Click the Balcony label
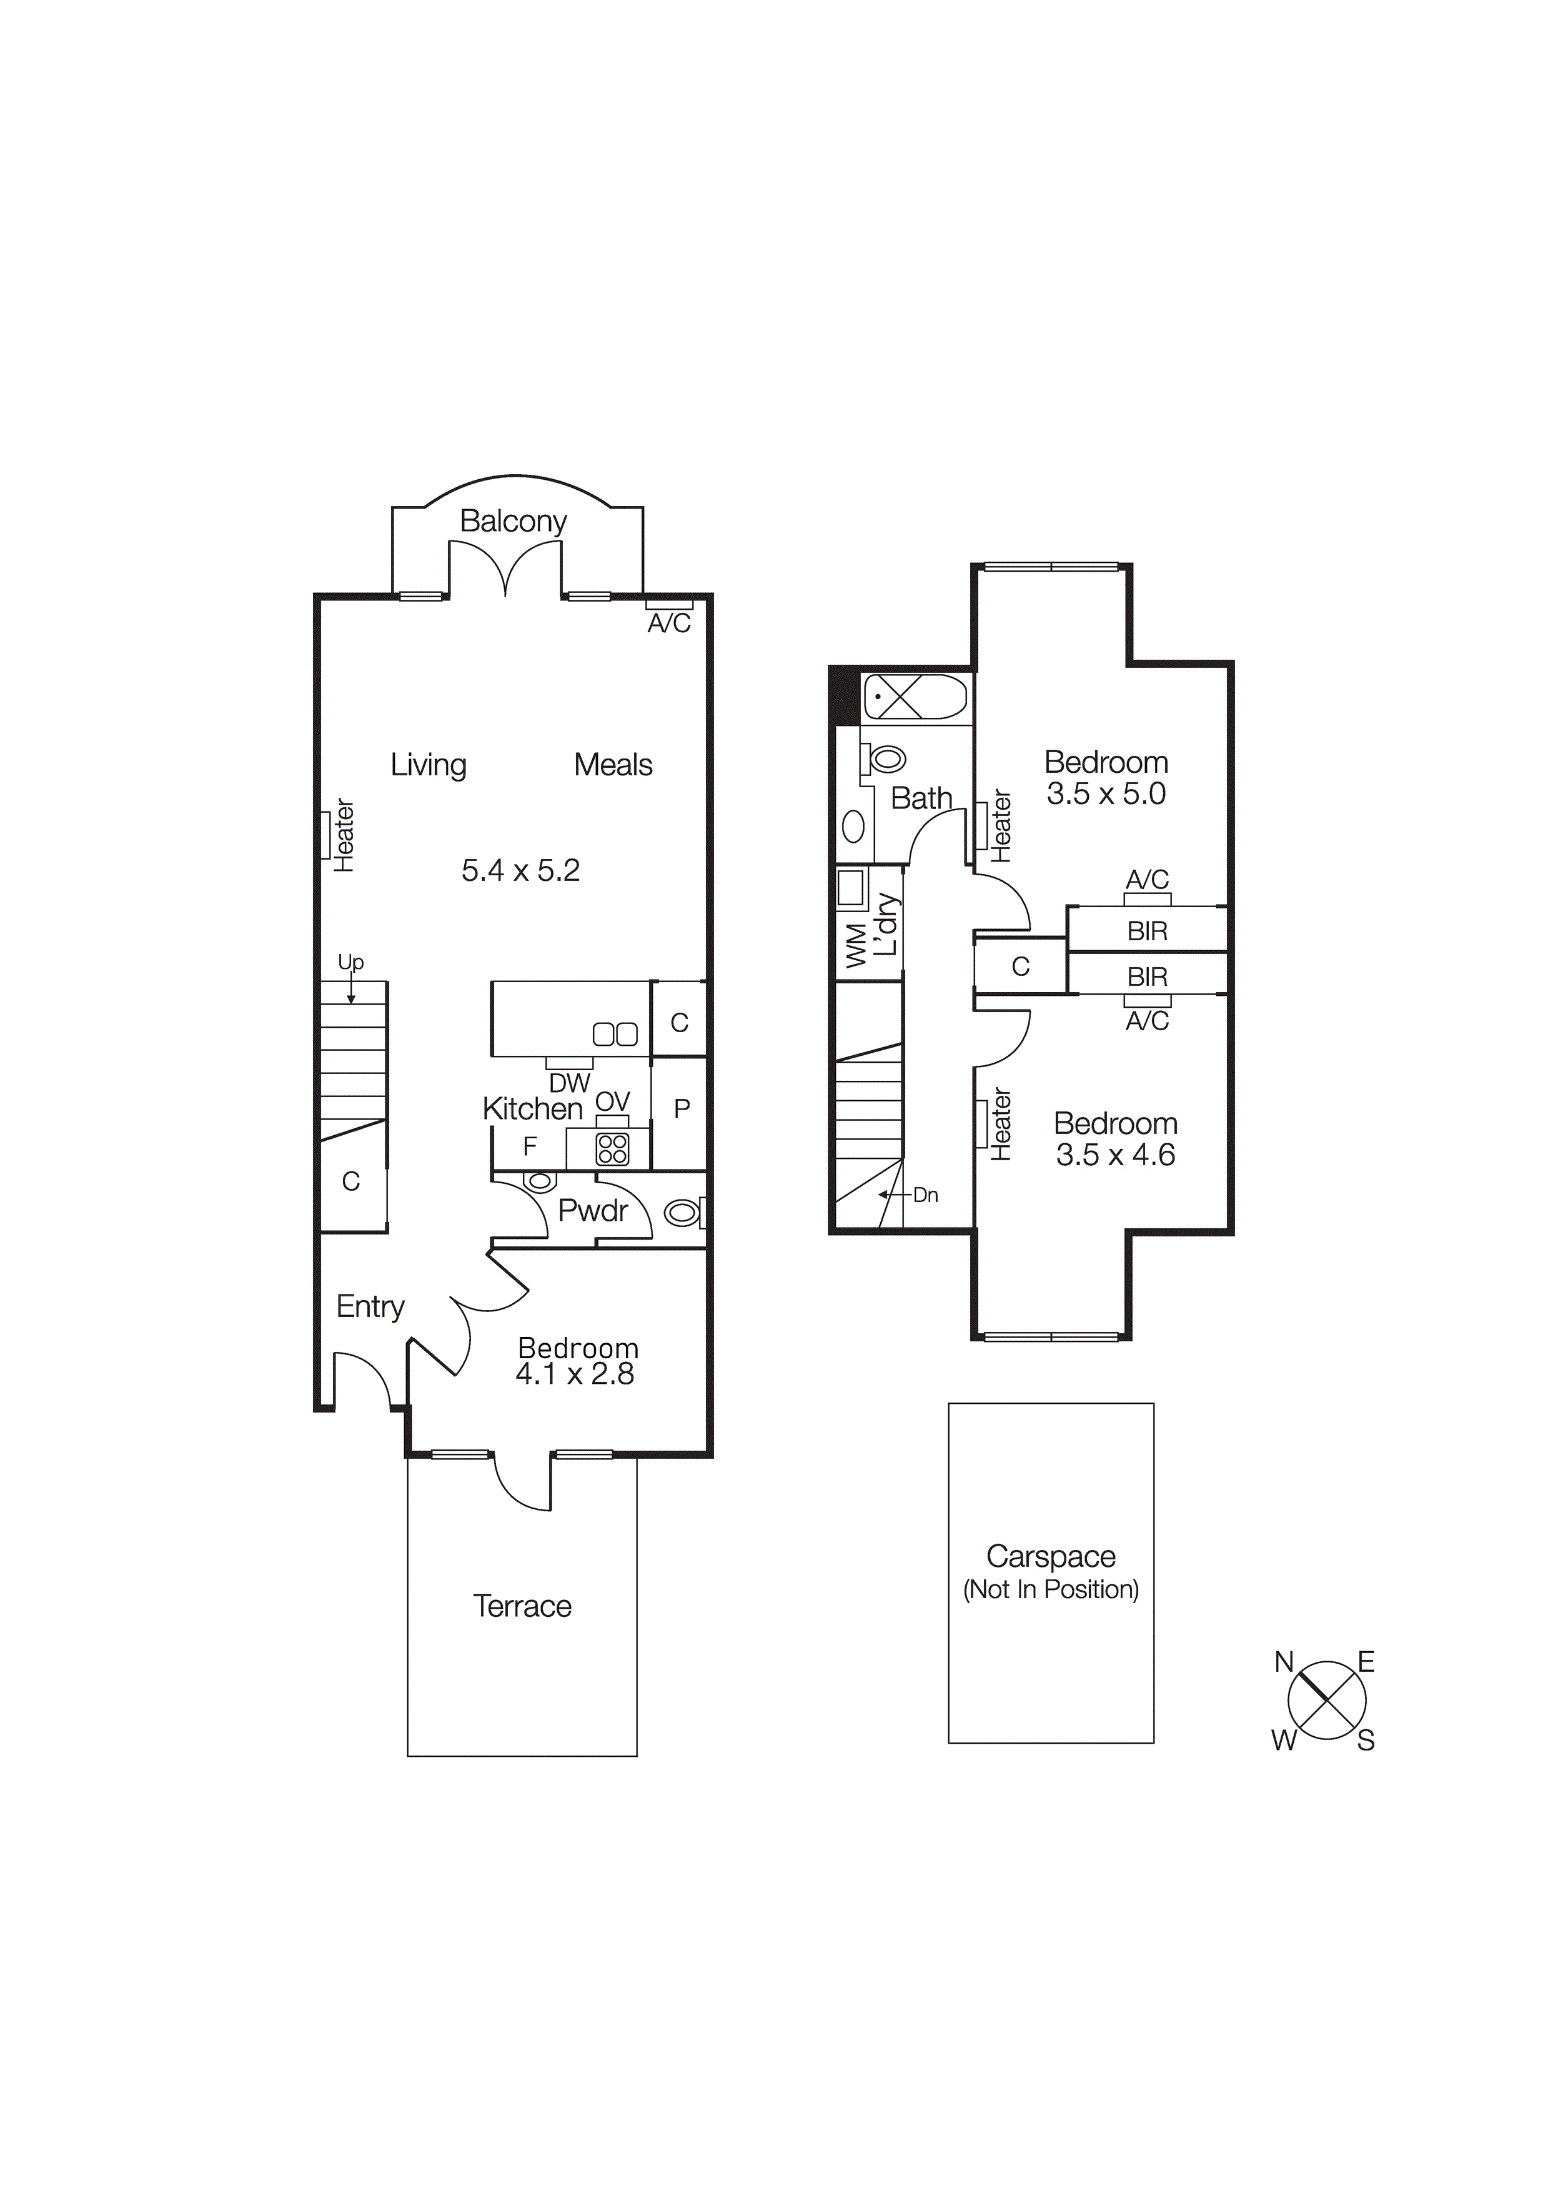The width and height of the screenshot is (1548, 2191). point(514,521)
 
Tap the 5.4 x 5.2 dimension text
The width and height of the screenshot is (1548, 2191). point(520,870)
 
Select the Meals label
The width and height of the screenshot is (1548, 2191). point(613,765)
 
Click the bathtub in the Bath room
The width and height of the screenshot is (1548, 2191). point(915,698)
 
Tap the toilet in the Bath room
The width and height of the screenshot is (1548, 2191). point(886,760)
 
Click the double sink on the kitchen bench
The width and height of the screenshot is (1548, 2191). point(615,1033)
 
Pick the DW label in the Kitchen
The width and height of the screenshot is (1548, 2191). point(570,1083)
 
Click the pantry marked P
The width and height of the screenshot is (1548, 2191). point(682,1109)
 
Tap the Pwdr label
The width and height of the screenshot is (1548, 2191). point(593,1211)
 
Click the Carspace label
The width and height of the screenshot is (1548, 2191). point(1051,1556)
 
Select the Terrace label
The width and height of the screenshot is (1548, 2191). point(522,1607)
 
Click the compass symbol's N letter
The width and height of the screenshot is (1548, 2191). point(1284,1662)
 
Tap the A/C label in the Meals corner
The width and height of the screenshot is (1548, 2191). point(669,623)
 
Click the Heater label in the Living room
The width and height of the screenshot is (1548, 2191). point(344,836)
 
